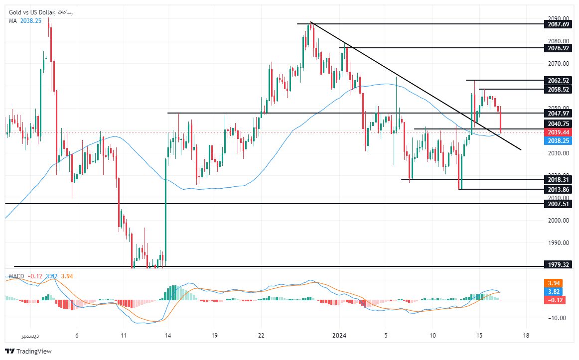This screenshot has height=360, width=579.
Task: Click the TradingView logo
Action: point(28,351)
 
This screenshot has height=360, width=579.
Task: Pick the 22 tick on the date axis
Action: point(262,335)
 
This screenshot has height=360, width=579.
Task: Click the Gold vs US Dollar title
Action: point(32,11)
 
